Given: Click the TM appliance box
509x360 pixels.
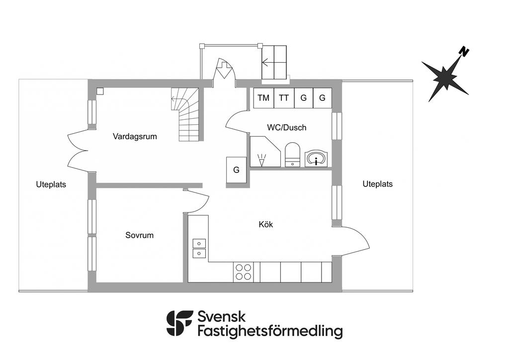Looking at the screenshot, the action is coord(263,98).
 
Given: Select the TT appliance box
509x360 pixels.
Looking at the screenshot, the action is coord(283,98).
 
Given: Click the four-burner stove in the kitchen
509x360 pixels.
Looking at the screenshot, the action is coord(243,272).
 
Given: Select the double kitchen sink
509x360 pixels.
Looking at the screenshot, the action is coord(199,248).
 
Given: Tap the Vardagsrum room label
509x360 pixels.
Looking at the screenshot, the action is coord(135,136).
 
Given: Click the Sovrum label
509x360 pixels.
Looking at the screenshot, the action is coord(139,235).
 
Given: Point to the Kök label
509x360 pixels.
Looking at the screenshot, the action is coord(266,224).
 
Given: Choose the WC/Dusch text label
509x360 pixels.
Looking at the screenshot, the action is coord(286,127).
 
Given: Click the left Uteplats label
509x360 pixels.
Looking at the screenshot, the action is coord(51,184).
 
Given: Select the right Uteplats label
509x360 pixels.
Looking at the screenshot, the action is coord(377,183).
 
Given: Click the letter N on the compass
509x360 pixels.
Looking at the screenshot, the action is coord(464,51).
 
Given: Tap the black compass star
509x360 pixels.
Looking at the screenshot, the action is coord(443,78).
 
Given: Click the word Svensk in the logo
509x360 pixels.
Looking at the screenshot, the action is coord(222,317).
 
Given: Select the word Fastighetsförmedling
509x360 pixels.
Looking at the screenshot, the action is coord(270,331).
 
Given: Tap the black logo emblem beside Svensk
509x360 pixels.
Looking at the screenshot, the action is coord(179,323).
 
